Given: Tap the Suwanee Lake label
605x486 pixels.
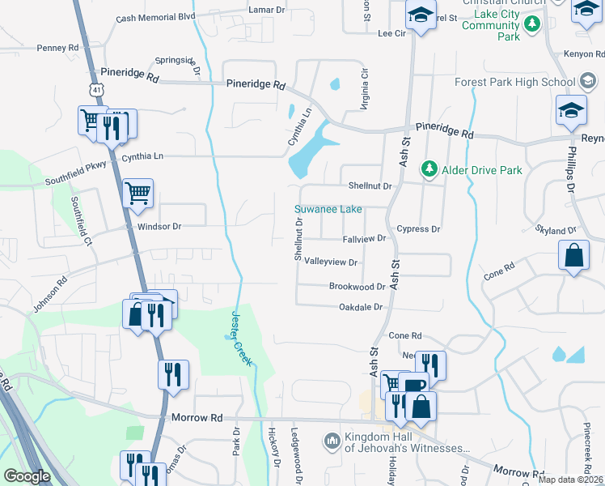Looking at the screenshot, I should point(328,209).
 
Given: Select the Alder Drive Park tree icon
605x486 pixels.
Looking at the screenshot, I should point(429,170).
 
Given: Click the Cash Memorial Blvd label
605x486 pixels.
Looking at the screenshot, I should point(156,16).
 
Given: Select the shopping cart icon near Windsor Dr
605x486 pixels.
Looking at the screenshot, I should point(138,193).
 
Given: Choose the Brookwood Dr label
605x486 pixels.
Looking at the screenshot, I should point(357,287).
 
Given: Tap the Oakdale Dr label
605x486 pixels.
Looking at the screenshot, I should point(359,307).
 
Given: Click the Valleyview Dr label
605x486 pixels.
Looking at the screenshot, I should point(330,262).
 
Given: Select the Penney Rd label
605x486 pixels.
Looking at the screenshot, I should point(57,48).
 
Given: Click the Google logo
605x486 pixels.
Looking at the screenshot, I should point(27,476).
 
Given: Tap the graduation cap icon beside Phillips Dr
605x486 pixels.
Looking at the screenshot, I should point(571,110).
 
